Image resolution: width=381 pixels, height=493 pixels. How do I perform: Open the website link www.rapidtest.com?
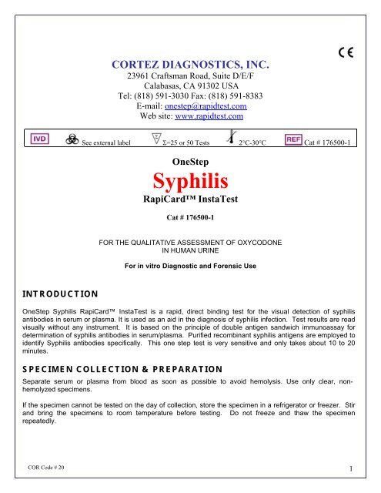(211, 117)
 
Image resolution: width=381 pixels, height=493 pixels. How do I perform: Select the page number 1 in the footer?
(361, 468)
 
